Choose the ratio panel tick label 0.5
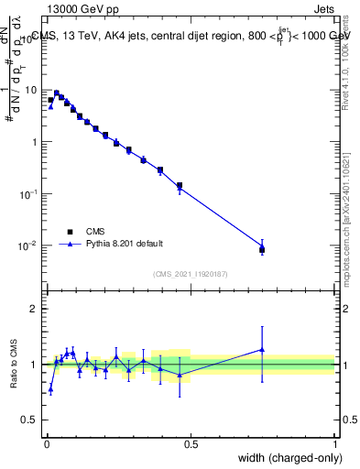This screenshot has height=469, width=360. (30, 420)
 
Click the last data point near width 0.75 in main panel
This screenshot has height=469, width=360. (262, 248)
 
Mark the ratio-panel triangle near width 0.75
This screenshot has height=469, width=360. (262, 349)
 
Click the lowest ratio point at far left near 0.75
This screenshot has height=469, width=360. (50, 389)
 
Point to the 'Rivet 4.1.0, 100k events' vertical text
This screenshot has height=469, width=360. (345, 62)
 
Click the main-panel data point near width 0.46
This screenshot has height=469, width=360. (180, 186)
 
